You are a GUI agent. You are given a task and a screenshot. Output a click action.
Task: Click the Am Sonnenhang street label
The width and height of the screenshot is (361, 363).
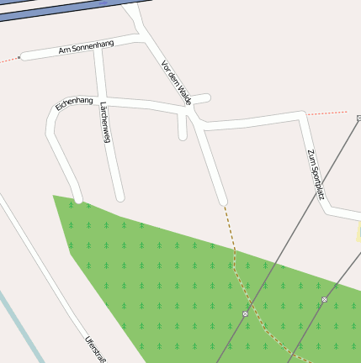pos(86,47)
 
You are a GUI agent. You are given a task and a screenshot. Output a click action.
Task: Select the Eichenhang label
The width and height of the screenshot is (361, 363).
pos(73,103)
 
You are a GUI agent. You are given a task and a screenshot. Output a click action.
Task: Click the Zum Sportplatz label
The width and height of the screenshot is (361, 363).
pos(316,174)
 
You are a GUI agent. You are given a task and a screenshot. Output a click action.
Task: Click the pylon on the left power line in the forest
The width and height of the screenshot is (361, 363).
pos(245,313)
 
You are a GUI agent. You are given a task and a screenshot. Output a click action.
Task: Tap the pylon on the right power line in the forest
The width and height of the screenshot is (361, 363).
pos(324,299)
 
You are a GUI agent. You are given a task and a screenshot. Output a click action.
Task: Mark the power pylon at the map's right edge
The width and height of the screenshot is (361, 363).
pos(358,118)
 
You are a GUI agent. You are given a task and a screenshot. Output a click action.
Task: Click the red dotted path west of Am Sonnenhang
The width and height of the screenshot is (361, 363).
pos(8,60)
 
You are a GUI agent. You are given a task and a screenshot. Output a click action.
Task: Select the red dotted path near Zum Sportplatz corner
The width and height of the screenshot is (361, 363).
pos(324,113)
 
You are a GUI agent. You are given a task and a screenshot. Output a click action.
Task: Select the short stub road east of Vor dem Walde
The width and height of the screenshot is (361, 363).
pos(201,99)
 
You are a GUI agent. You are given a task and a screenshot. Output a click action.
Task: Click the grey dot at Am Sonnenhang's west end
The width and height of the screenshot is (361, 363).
pos(20,58)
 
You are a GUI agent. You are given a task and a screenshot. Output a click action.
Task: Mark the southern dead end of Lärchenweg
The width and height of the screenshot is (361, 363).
pos(119,197)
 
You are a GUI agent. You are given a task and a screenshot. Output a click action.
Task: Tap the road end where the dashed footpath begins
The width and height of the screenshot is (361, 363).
pos(223,202)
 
